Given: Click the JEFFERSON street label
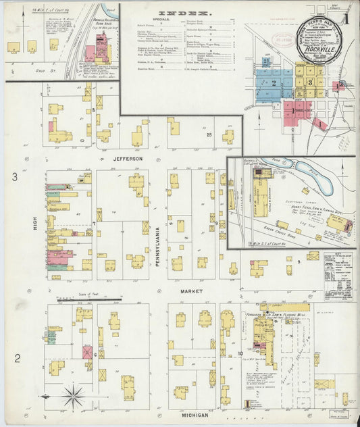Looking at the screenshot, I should (x=128, y=159).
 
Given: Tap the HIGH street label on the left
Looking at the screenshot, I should (x=36, y=234).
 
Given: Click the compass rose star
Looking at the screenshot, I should (x=74, y=396).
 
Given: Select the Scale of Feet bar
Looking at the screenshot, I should (x=88, y=299).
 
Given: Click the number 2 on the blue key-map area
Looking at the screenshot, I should (x=274, y=82).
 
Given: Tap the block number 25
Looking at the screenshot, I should (x=209, y=135).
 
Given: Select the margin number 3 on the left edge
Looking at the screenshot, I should (x=14, y=177).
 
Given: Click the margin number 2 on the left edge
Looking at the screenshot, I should (x=14, y=357).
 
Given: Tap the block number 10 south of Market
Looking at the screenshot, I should (x=240, y=353).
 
